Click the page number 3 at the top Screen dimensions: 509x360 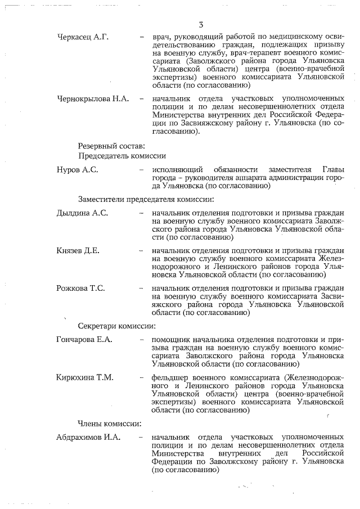[x=201, y=24]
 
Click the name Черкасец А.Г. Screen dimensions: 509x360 [x=83, y=38]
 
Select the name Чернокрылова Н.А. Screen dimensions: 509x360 [x=93, y=99]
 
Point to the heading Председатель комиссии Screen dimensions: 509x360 [x=121, y=156]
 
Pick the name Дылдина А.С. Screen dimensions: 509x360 [x=82, y=213]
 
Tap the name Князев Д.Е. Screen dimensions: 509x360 [x=78, y=250]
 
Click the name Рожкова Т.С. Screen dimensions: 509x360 [x=81, y=288]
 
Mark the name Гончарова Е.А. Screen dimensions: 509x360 [x=85, y=340]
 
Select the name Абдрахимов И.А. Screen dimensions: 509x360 [x=89, y=437]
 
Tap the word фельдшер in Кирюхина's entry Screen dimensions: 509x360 [x=171, y=377]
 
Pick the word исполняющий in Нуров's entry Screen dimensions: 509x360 [x=179, y=170]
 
